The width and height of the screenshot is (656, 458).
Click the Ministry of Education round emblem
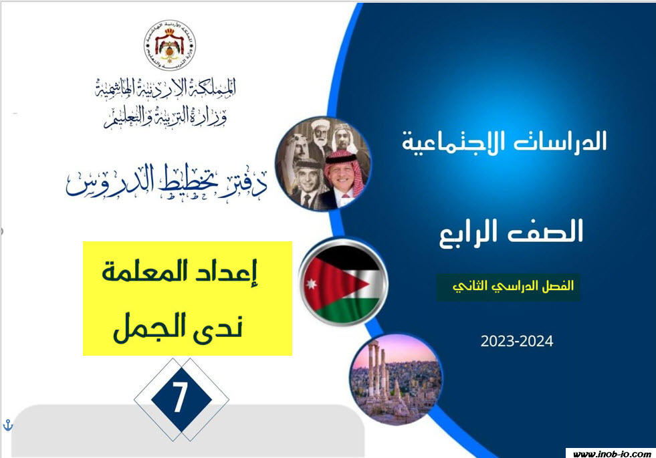(x=170, y=45)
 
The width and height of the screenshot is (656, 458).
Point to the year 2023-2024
(x=517, y=341)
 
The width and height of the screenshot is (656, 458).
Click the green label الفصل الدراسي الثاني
(x=508, y=288)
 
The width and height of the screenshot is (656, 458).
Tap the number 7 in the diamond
(x=180, y=398)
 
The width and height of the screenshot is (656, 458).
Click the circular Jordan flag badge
(x=344, y=282)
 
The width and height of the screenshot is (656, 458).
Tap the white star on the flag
(x=311, y=284)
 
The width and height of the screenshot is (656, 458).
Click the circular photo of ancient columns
(x=395, y=378)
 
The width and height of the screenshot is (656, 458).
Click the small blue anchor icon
(x=8, y=425)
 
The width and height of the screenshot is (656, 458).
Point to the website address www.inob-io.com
(x=611, y=453)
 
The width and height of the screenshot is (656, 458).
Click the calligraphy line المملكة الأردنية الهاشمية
(x=165, y=88)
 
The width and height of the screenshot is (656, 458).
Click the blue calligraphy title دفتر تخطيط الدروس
(x=167, y=181)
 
